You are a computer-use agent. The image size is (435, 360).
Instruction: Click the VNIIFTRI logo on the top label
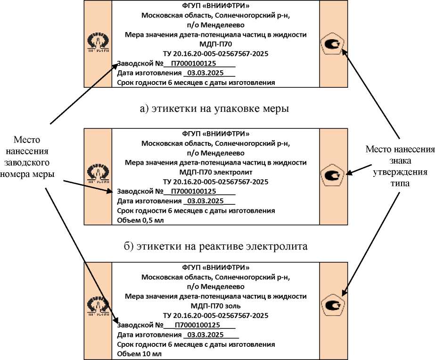(x=98, y=44)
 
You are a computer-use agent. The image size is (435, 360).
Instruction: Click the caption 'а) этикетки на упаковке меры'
(x=214, y=109)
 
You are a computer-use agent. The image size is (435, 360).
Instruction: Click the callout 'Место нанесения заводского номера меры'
(x=33, y=157)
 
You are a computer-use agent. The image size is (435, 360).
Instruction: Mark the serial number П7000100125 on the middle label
(x=193, y=192)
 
